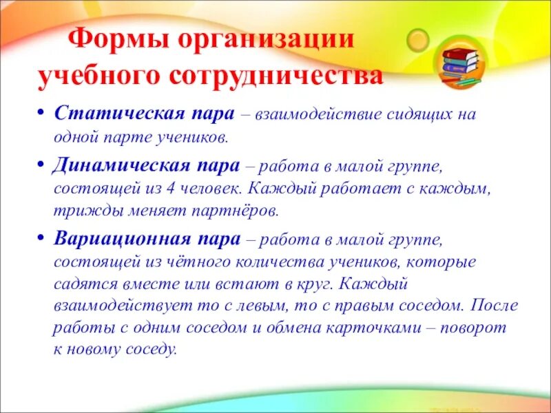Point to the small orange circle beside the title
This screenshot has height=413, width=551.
pyautogui.click(x=417, y=40)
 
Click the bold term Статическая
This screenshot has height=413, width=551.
pyautogui.click(x=117, y=113)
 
